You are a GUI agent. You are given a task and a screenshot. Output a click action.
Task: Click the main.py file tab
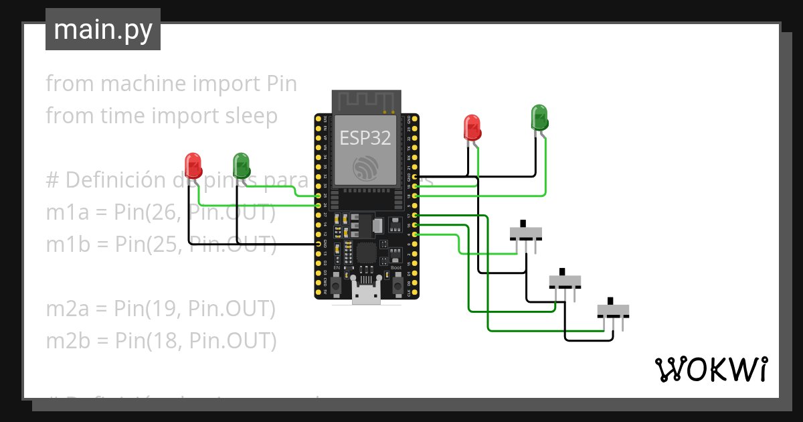coord(102,29)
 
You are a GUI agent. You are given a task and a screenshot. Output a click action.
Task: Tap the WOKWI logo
coord(710,369)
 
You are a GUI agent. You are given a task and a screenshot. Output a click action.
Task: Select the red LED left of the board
coord(193,163)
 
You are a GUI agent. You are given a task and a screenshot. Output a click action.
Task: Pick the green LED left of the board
coord(241,163)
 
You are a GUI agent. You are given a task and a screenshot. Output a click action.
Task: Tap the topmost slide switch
coord(525,232)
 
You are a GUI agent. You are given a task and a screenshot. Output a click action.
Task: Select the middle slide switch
coord(565,280)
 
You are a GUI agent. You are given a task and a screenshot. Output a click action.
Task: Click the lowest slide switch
coord(613,310)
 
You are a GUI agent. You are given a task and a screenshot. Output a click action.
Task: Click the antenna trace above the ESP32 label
coord(366,102)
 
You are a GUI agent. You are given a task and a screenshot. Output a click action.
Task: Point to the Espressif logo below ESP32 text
coord(366,167)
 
